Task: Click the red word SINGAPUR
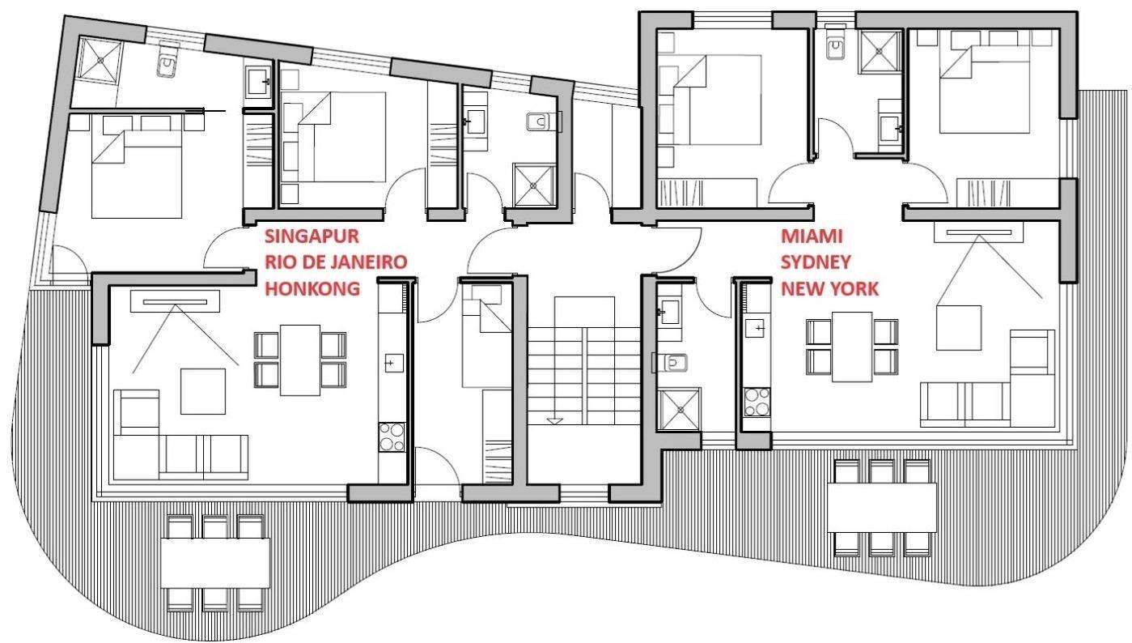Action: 312,236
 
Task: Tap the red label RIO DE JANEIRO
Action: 336,262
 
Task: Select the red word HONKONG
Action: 312,288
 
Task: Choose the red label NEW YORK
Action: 830,288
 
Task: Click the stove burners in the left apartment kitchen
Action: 392,437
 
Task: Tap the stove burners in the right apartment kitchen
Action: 757,402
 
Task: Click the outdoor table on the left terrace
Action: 215,563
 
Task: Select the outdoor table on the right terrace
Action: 882,508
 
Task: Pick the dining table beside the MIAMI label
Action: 852,347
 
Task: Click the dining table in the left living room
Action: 300,360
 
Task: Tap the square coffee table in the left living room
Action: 203,392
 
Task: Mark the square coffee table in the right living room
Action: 959,328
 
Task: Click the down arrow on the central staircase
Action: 555,420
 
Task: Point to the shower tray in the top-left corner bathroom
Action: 100,60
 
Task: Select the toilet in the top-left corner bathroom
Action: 167,60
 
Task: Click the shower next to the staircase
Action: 679,409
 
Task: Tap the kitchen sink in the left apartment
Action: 394,363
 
